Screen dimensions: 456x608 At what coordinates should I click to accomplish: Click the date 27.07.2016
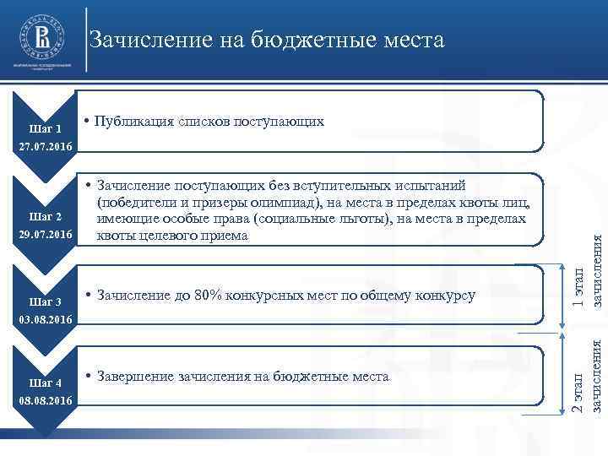[x=46, y=148]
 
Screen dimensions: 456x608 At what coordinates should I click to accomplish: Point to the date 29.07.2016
[x=46, y=234]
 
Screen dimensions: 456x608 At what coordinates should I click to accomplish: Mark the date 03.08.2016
[x=46, y=320]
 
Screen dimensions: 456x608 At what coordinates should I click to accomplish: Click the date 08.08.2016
[x=46, y=401]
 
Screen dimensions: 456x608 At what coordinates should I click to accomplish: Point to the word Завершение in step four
[x=138, y=376]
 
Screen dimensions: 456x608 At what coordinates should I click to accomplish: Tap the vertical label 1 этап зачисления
[x=586, y=269]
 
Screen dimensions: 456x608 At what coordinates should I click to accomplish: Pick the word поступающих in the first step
[x=285, y=122]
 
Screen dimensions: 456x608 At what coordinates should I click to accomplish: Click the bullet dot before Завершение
[x=90, y=376]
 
